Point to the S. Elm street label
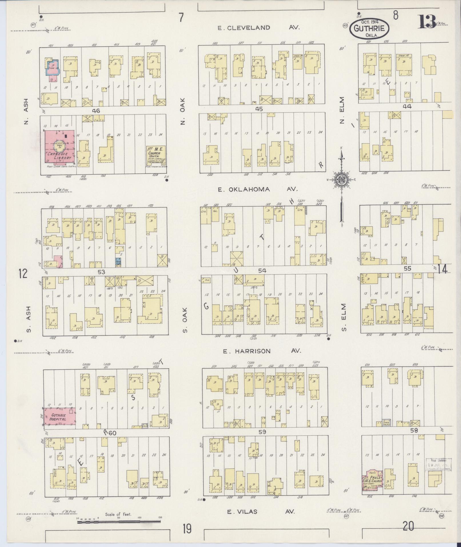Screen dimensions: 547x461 (344, 317)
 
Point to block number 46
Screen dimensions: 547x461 (96, 111)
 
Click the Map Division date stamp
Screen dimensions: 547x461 (438, 465)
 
